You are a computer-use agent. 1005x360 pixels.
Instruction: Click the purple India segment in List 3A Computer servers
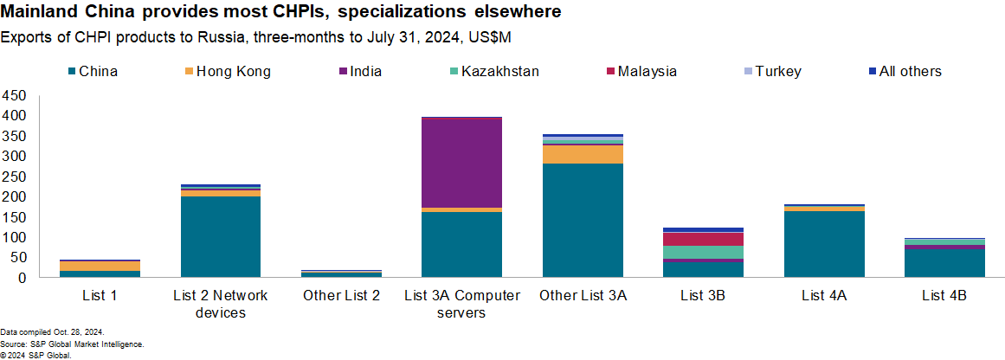[461, 162]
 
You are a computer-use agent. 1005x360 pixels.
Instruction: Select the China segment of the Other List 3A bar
[582, 221]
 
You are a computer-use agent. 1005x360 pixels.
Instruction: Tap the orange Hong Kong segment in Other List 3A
[582, 154]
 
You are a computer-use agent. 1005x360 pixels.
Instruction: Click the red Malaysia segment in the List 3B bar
[702, 239]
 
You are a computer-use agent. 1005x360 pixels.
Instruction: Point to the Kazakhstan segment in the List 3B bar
[702, 252]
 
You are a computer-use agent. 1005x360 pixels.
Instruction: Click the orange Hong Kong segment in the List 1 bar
[100, 266]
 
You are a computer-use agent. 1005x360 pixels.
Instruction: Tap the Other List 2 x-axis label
[341, 296]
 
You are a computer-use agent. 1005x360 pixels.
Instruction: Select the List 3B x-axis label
[702, 296]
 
